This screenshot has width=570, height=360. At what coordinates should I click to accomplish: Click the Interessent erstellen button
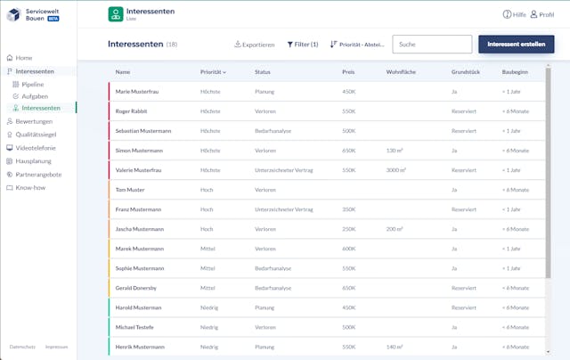(x=516, y=45)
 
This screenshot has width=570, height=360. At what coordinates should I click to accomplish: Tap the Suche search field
(x=432, y=45)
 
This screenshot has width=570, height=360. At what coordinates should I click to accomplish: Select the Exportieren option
(x=254, y=45)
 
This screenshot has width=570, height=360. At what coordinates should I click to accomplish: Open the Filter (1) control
(x=303, y=45)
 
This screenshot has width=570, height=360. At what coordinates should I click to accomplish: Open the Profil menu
(x=542, y=14)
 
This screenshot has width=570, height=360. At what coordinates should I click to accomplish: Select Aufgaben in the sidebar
(x=35, y=95)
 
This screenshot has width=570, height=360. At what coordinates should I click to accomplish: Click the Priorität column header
(x=213, y=72)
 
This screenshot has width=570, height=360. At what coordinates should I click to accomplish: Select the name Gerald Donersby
(x=135, y=288)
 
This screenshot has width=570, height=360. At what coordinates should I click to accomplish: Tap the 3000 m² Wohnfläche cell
(x=396, y=170)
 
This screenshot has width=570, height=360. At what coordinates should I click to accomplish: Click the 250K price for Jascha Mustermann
(x=348, y=229)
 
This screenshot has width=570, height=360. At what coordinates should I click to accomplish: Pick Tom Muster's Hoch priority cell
(x=207, y=190)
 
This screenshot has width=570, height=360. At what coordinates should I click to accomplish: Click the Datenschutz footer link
(x=22, y=347)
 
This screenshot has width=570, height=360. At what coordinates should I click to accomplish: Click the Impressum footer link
(x=56, y=347)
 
